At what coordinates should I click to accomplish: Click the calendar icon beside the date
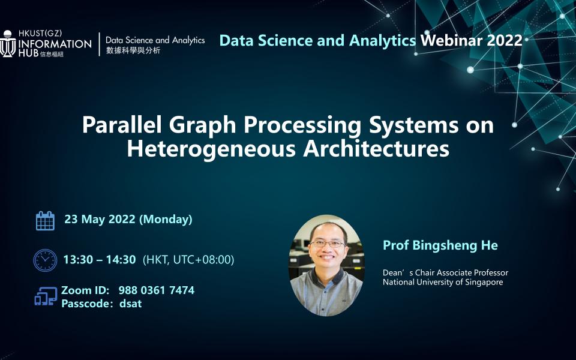[45, 220]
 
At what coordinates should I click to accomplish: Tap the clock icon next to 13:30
[45, 260]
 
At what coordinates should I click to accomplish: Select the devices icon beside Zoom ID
[46, 296]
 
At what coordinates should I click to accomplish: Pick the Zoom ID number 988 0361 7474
[156, 290]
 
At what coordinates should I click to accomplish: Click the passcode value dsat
[130, 304]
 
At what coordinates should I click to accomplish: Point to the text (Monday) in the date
[166, 220]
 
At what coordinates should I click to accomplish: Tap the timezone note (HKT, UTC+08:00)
[188, 260]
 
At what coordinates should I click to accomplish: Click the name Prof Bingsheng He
[440, 245]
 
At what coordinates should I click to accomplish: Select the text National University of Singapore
[443, 283]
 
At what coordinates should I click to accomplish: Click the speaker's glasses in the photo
[328, 244]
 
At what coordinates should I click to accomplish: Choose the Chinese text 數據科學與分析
[133, 51]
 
